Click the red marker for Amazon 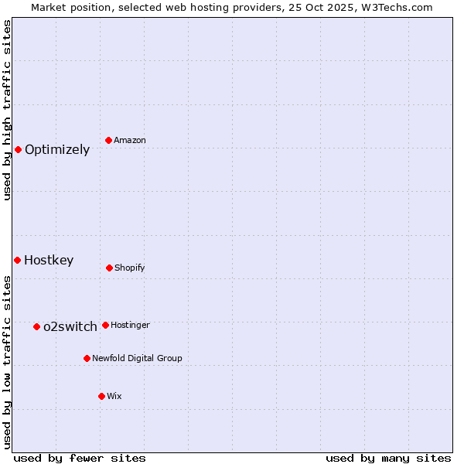[x=109, y=140]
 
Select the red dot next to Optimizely [x=18, y=149]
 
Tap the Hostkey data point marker [x=17, y=260]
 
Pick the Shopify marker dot [x=109, y=268]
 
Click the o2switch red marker [x=36, y=326]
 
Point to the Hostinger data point [x=105, y=325]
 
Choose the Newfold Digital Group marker [x=87, y=358]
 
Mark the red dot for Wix [x=101, y=396]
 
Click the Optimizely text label [x=57, y=150]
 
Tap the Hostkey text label [x=49, y=261]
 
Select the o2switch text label [x=70, y=327]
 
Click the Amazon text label [x=130, y=141]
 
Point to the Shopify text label [x=130, y=268]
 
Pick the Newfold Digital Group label [x=137, y=359]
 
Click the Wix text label [x=114, y=397]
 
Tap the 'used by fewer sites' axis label [x=80, y=458]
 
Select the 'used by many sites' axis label [x=388, y=458]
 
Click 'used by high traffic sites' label [x=8, y=110]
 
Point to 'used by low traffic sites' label [x=8, y=361]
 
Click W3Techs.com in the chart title [x=395, y=7]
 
